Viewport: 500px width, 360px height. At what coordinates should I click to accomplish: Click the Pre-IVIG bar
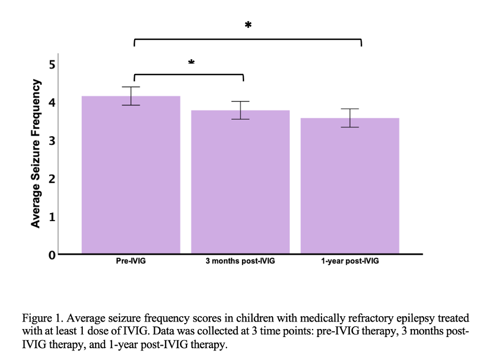point(131,176)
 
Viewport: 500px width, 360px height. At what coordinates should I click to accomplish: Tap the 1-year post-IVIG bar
point(350,187)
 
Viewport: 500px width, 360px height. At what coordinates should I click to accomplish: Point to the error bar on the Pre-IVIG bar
point(131,96)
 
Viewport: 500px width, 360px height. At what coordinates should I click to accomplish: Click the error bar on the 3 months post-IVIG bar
point(240,110)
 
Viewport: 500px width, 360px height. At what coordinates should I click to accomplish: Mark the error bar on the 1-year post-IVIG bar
point(350,118)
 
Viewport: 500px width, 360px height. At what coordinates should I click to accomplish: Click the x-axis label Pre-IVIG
point(131,262)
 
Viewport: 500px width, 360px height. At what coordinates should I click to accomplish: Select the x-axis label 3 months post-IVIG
point(240,262)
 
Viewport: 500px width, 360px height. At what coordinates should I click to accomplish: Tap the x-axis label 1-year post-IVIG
point(350,262)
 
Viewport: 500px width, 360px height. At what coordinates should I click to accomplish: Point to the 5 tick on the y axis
point(52,65)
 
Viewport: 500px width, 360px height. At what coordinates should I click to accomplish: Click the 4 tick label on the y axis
point(52,103)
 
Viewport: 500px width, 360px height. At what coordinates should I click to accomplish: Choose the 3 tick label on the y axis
point(52,141)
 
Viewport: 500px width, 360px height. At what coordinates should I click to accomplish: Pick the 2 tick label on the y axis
point(52,179)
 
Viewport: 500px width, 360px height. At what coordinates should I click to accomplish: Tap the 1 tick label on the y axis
point(52,217)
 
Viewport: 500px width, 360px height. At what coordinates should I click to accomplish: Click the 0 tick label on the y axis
point(52,255)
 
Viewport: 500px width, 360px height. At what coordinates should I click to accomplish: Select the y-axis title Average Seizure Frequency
point(36,154)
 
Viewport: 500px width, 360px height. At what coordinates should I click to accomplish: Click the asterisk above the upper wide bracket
point(248,26)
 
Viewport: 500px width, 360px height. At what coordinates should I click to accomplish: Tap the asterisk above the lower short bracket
point(191,63)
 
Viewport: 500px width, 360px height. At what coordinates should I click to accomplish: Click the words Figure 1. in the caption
point(41,318)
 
